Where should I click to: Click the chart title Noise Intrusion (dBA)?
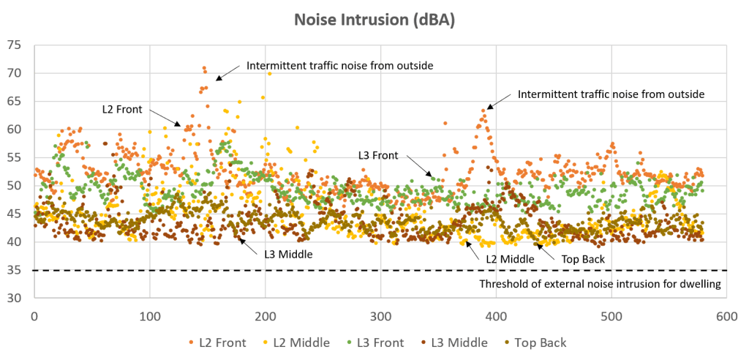tap(374, 20)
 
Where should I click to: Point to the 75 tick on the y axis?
tap(16, 45)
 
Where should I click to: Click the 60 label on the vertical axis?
tap(16, 130)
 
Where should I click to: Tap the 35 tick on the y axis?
tap(16, 270)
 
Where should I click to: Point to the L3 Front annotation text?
tap(377, 155)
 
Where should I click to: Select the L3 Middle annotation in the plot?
tap(288, 254)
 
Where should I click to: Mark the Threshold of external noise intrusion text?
tap(600, 284)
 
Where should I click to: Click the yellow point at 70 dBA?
tap(270, 74)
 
